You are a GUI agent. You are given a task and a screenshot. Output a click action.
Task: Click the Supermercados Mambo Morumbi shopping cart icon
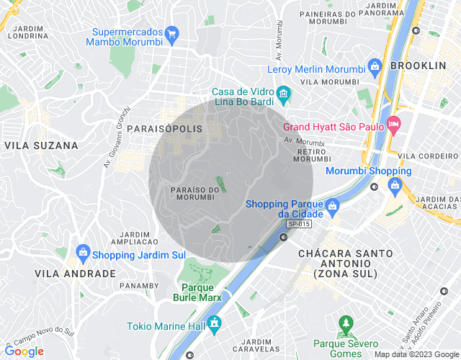(x=171, y=33)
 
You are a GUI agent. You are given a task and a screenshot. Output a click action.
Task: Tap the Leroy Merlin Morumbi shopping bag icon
(x=375, y=68)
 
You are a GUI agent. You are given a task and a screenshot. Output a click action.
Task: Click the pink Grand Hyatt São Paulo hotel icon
(x=393, y=126)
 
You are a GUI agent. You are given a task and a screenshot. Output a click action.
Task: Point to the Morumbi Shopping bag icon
(x=394, y=186)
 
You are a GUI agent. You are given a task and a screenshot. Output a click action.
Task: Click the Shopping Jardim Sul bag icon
(x=84, y=254)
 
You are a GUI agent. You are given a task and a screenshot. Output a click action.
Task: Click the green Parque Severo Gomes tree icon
(x=346, y=323)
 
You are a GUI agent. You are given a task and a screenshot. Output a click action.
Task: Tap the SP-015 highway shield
(x=300, y=225)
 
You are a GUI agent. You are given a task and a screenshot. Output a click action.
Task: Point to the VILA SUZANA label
(x=41, y=145)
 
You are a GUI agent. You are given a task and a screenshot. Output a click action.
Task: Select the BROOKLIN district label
(x=418, y=66)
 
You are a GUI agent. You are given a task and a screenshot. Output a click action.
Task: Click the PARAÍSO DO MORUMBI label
(x=195, y=193)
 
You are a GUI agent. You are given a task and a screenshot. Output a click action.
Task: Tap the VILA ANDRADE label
(x=75, y=274)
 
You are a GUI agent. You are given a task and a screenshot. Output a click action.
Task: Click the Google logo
(x=24, y=351)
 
